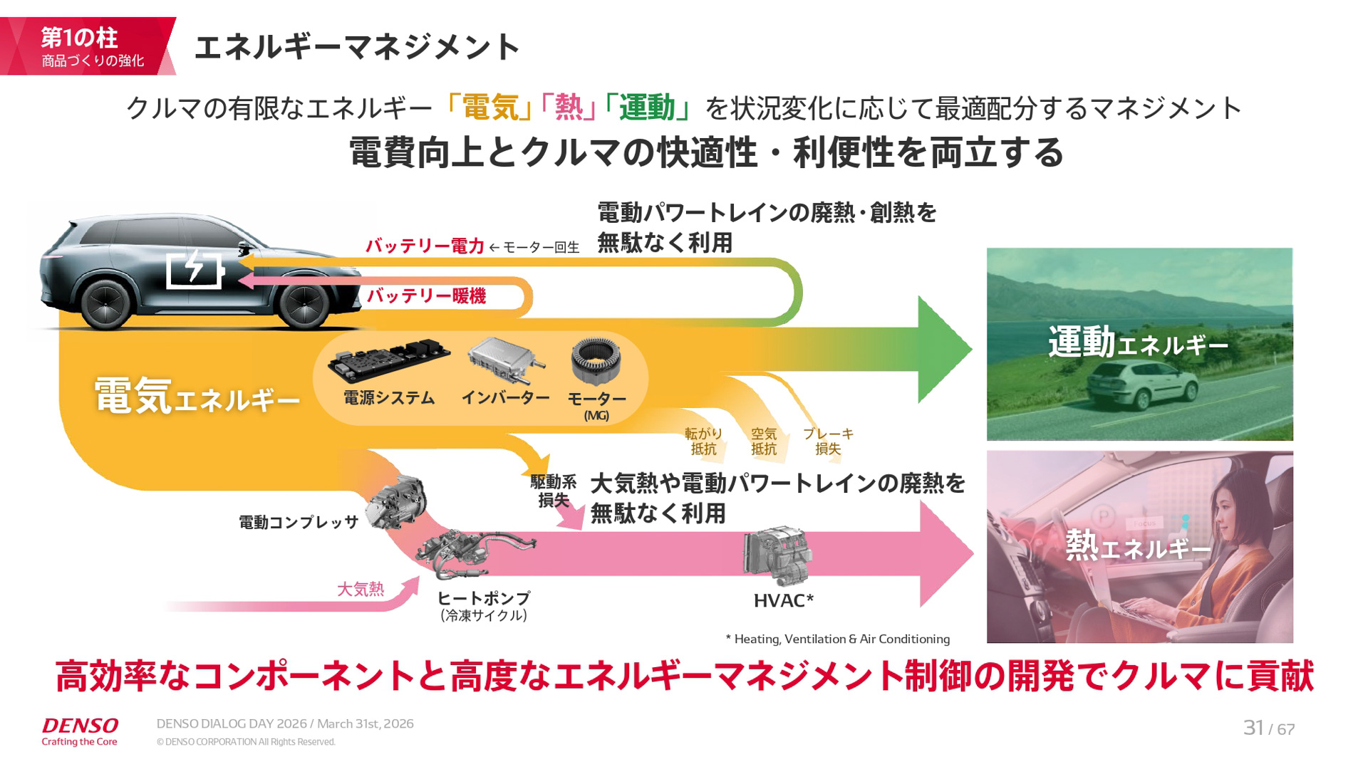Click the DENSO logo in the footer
point(80,726)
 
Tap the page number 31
point(1253,728)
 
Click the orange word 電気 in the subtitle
point(490,108)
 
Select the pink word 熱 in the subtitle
point(569,108)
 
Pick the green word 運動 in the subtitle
point(646,108)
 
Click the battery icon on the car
point(195,269)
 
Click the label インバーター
point(505,397)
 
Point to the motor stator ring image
point(596,361)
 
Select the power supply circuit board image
point(389,360)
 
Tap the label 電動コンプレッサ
point(298,523)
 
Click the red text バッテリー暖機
point(426,296)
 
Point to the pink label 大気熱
point(360,589)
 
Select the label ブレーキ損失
point(828,441)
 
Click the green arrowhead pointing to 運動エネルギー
point(942,349)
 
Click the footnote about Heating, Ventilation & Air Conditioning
point(838,639)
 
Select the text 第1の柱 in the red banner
point(78,37)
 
